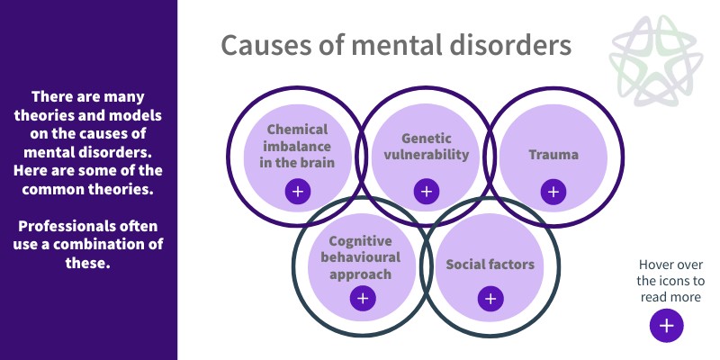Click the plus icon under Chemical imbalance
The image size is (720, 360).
pos(298,191)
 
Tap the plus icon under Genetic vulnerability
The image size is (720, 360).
pos(426,191)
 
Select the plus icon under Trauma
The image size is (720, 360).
pos(553,191)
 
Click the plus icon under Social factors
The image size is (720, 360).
pos(490,299)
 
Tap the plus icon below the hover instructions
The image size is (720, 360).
pos(666,326)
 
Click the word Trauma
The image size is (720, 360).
pos(553,155)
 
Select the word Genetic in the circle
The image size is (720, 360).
pos(426,138)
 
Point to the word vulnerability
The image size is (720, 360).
pos(426,154)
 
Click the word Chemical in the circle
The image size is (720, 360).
pos(298,130)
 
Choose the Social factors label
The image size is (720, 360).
pos(490,265)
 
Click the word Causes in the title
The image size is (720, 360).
pos(261,46)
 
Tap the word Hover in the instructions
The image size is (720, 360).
pos(658,265)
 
